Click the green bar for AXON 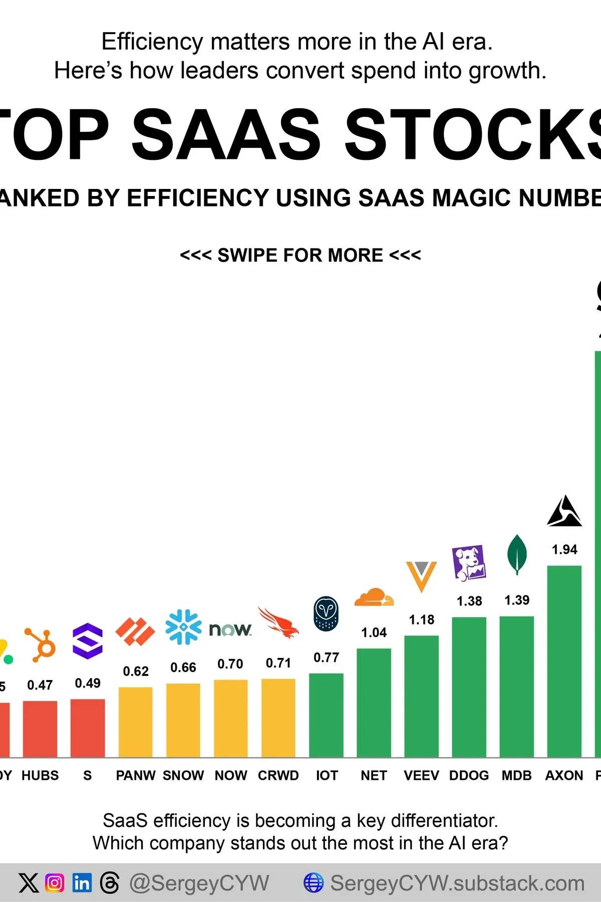564,661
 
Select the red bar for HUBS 40,729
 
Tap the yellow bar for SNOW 183,720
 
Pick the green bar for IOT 326,715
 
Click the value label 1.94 564,550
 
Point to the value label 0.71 278,663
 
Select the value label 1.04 374,632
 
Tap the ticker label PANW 135,775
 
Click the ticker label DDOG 469,775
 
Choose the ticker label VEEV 421,775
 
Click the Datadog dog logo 469,563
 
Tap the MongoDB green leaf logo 517,554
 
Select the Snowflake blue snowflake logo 183,626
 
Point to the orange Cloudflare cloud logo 374,597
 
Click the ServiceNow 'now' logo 230,629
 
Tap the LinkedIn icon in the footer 82,882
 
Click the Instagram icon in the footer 55,882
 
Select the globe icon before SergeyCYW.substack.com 314,882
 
